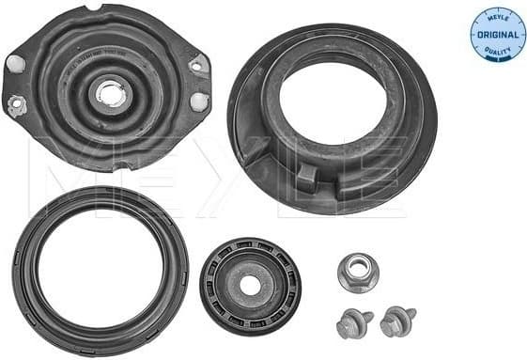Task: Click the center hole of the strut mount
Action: point(111,94)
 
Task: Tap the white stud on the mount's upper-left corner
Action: point(15,64)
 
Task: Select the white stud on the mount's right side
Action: point(198,102)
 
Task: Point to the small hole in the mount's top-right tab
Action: point(196,68)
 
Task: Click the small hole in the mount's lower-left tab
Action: point(15,105)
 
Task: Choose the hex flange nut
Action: point(358,273)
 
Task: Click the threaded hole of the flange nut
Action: point(358,272)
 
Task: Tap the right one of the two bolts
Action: point(396,322)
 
